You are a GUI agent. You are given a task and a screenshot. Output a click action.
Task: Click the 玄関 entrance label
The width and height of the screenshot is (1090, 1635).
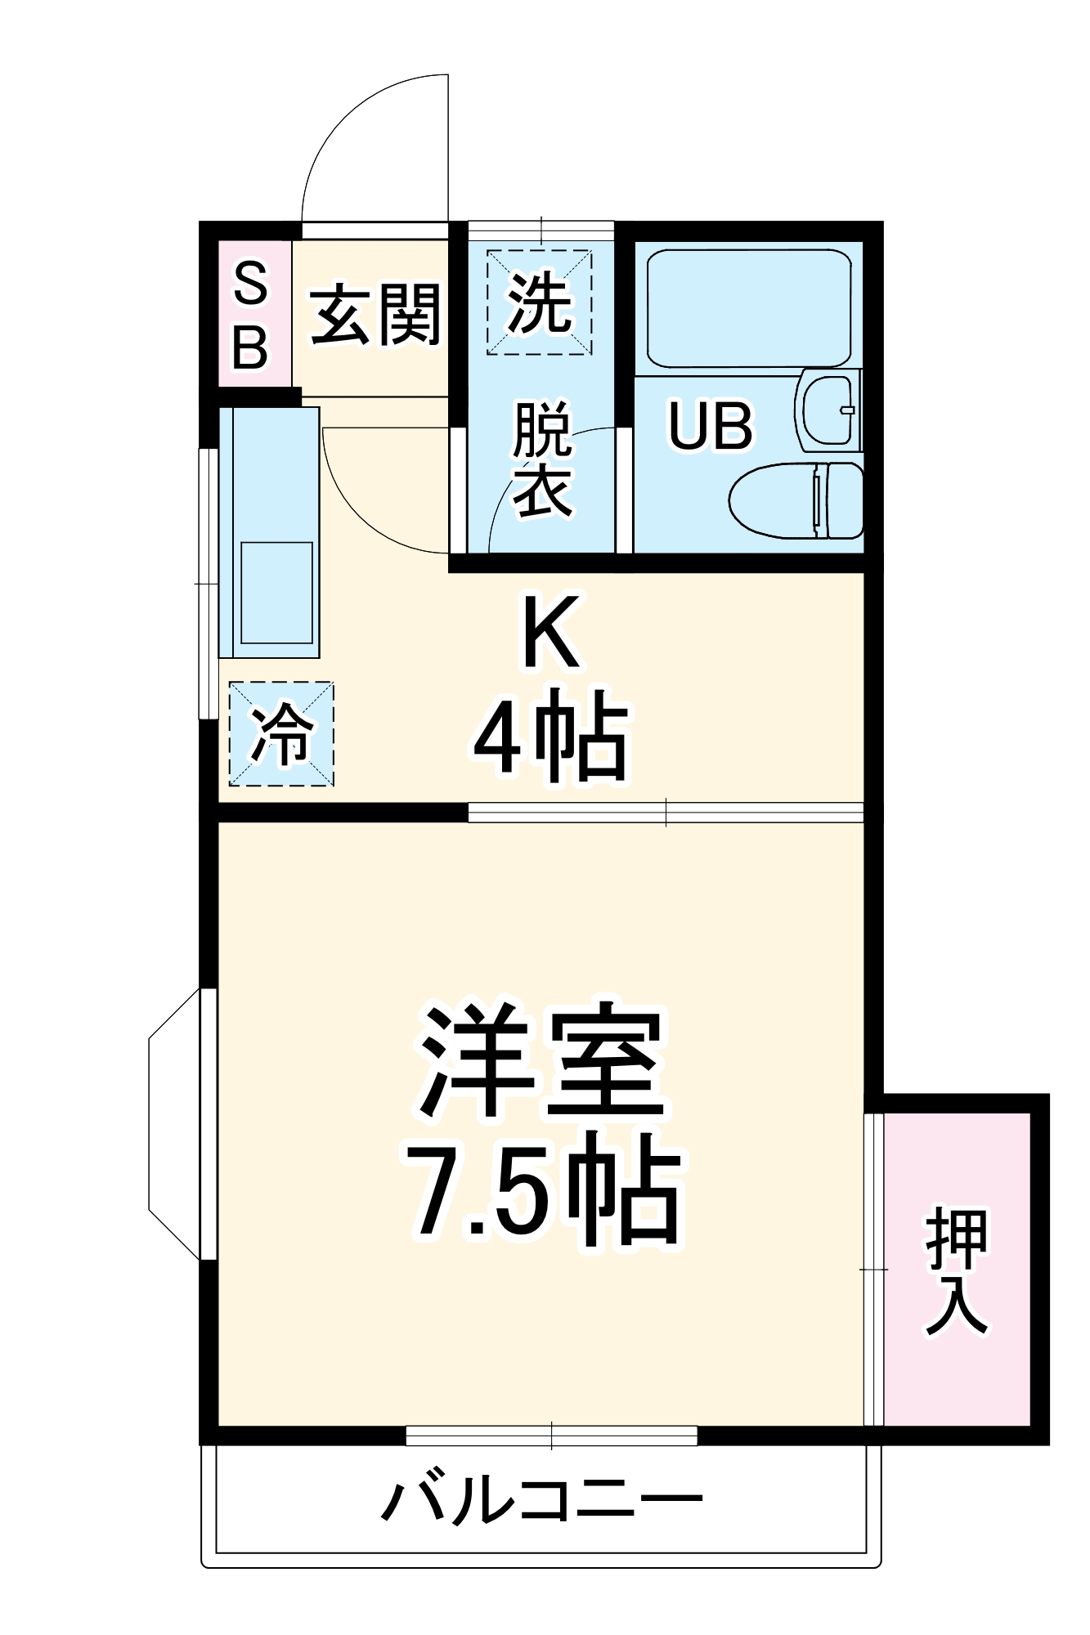click(x=375, y=315)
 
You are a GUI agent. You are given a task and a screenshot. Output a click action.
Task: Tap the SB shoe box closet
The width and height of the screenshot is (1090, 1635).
click(x=251, y=315)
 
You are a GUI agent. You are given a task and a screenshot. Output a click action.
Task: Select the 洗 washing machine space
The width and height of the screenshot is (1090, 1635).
click(x=540, y=302)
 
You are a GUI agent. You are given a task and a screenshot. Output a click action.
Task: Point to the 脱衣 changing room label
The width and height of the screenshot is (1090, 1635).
click(x=541, y=460)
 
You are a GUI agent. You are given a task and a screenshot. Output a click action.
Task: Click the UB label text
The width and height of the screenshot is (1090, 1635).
click(x=710, y=426)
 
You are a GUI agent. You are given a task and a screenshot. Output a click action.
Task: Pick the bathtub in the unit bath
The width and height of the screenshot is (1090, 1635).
click(x=748, y=307)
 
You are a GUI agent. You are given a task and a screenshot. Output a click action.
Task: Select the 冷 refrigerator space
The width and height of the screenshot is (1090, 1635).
click(x=281, y=734)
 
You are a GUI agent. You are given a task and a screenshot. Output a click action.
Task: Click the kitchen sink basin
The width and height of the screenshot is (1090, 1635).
click(x=276, y=592)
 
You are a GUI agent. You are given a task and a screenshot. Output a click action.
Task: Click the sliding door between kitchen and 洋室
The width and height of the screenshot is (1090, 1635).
click(x=666, y=812)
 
